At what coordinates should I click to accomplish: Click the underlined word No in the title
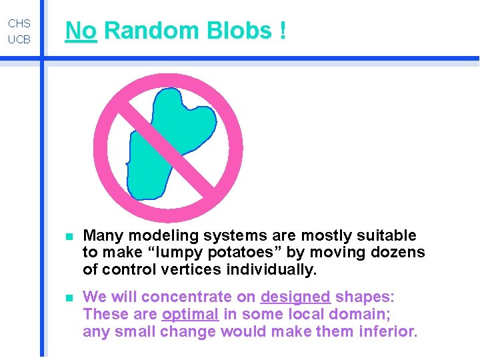click(x=81, y=31)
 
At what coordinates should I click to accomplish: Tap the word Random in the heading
click(x=151, y=31)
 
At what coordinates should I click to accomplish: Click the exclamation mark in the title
click(x=283, y=31)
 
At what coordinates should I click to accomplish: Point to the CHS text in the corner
click(x=19, y=23)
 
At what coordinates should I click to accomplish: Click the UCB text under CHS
click(x=19, y=39)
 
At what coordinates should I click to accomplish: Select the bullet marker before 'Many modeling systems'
click(x=68, y=236)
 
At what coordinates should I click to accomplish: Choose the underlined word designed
click(x=295, y=297)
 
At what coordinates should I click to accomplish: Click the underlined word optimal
click(x=190, y=314)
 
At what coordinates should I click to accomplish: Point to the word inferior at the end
click(x=390, y=331)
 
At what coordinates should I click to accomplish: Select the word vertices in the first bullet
click(x=190, y=270)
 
